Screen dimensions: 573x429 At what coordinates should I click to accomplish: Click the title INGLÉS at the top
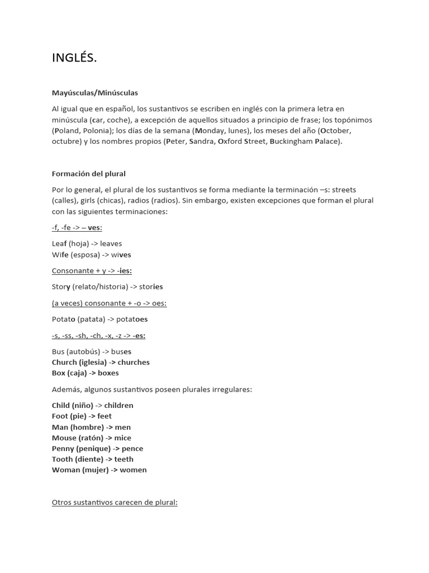click(74, 58)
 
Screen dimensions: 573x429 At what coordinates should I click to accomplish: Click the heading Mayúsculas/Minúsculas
click(95, 92)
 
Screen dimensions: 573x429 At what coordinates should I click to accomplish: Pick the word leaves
click(111, 243)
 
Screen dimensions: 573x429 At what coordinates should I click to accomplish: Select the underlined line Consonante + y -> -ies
click(92, 271)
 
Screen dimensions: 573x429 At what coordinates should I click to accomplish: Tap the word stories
click(151, 286)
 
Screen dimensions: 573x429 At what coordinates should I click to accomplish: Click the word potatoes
click(132, 319)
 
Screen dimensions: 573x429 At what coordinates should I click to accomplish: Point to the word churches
click(134, 362)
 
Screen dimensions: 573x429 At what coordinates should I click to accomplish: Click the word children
click(119, 405)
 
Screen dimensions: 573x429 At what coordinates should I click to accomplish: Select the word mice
click(123, 438)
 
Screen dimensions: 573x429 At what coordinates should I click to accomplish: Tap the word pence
click(132, 448)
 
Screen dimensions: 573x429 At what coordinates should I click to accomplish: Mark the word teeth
click(124, 459)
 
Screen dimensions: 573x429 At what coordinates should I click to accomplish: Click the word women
click(134, 469)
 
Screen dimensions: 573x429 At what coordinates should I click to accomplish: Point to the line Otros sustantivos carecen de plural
click(115, 502)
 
